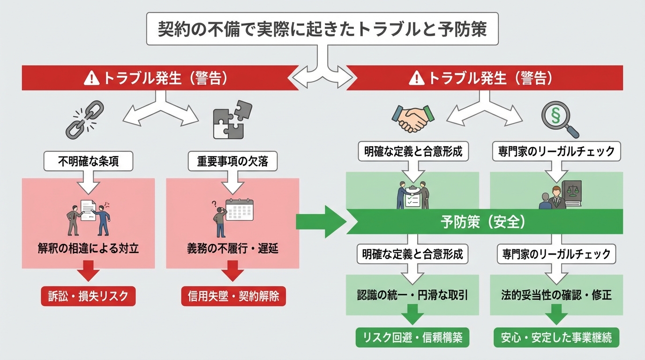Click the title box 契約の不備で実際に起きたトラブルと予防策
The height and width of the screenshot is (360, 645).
[x=322, y=29]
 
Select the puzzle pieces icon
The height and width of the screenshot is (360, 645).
[x=232, y=120]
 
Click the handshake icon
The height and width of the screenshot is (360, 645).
[x=413, y=118]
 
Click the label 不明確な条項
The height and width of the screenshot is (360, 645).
[x=88, y=162]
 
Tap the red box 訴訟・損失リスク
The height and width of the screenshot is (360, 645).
[x=88, y=296]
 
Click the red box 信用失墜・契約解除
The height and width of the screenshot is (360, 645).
[x=233, y=296]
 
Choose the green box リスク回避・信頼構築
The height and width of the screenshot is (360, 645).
[x=412, y=337]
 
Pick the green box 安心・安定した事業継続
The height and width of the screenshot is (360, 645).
[x=556, y=337]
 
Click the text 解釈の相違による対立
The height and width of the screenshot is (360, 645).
[x=88, y=248]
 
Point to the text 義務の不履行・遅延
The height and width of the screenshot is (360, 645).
[x=233, y=248]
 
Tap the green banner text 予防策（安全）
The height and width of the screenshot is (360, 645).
[x=482, y=222]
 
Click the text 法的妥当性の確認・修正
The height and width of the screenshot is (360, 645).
[x=556, y=295]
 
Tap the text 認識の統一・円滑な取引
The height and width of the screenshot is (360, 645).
[x=412, y=295]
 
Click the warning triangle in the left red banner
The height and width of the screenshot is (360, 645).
[x=92, y=78]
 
